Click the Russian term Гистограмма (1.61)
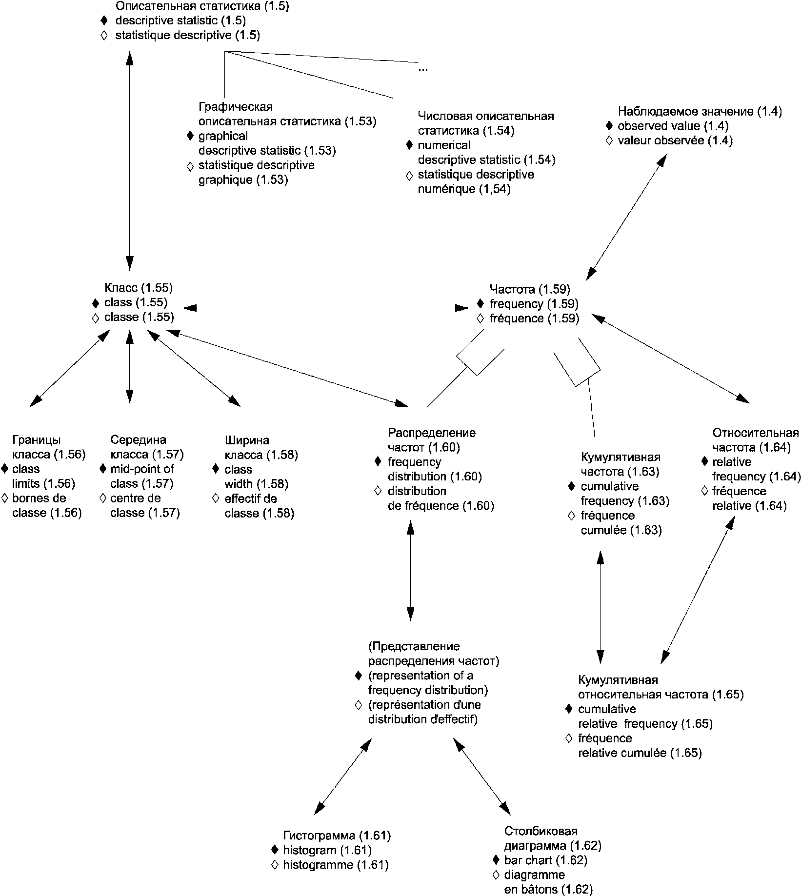(x=337, y=836)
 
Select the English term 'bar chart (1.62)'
(x=545, y=860)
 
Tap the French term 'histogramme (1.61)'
(x=336, y=865)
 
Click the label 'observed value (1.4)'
(x=673, y=126)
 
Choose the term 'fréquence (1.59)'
(x=534, y=319)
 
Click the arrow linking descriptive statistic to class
(x=129, y=161)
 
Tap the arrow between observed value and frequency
(x=626, y=217)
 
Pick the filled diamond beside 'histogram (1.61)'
(x=275, y=850)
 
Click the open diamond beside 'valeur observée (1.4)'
(x=608, y=140)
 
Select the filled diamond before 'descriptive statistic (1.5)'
(x=103, y=20)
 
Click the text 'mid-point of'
(x=141, y=469)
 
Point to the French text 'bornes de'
(x=39, y=498)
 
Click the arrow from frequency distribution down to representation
(x=410, y=570)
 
